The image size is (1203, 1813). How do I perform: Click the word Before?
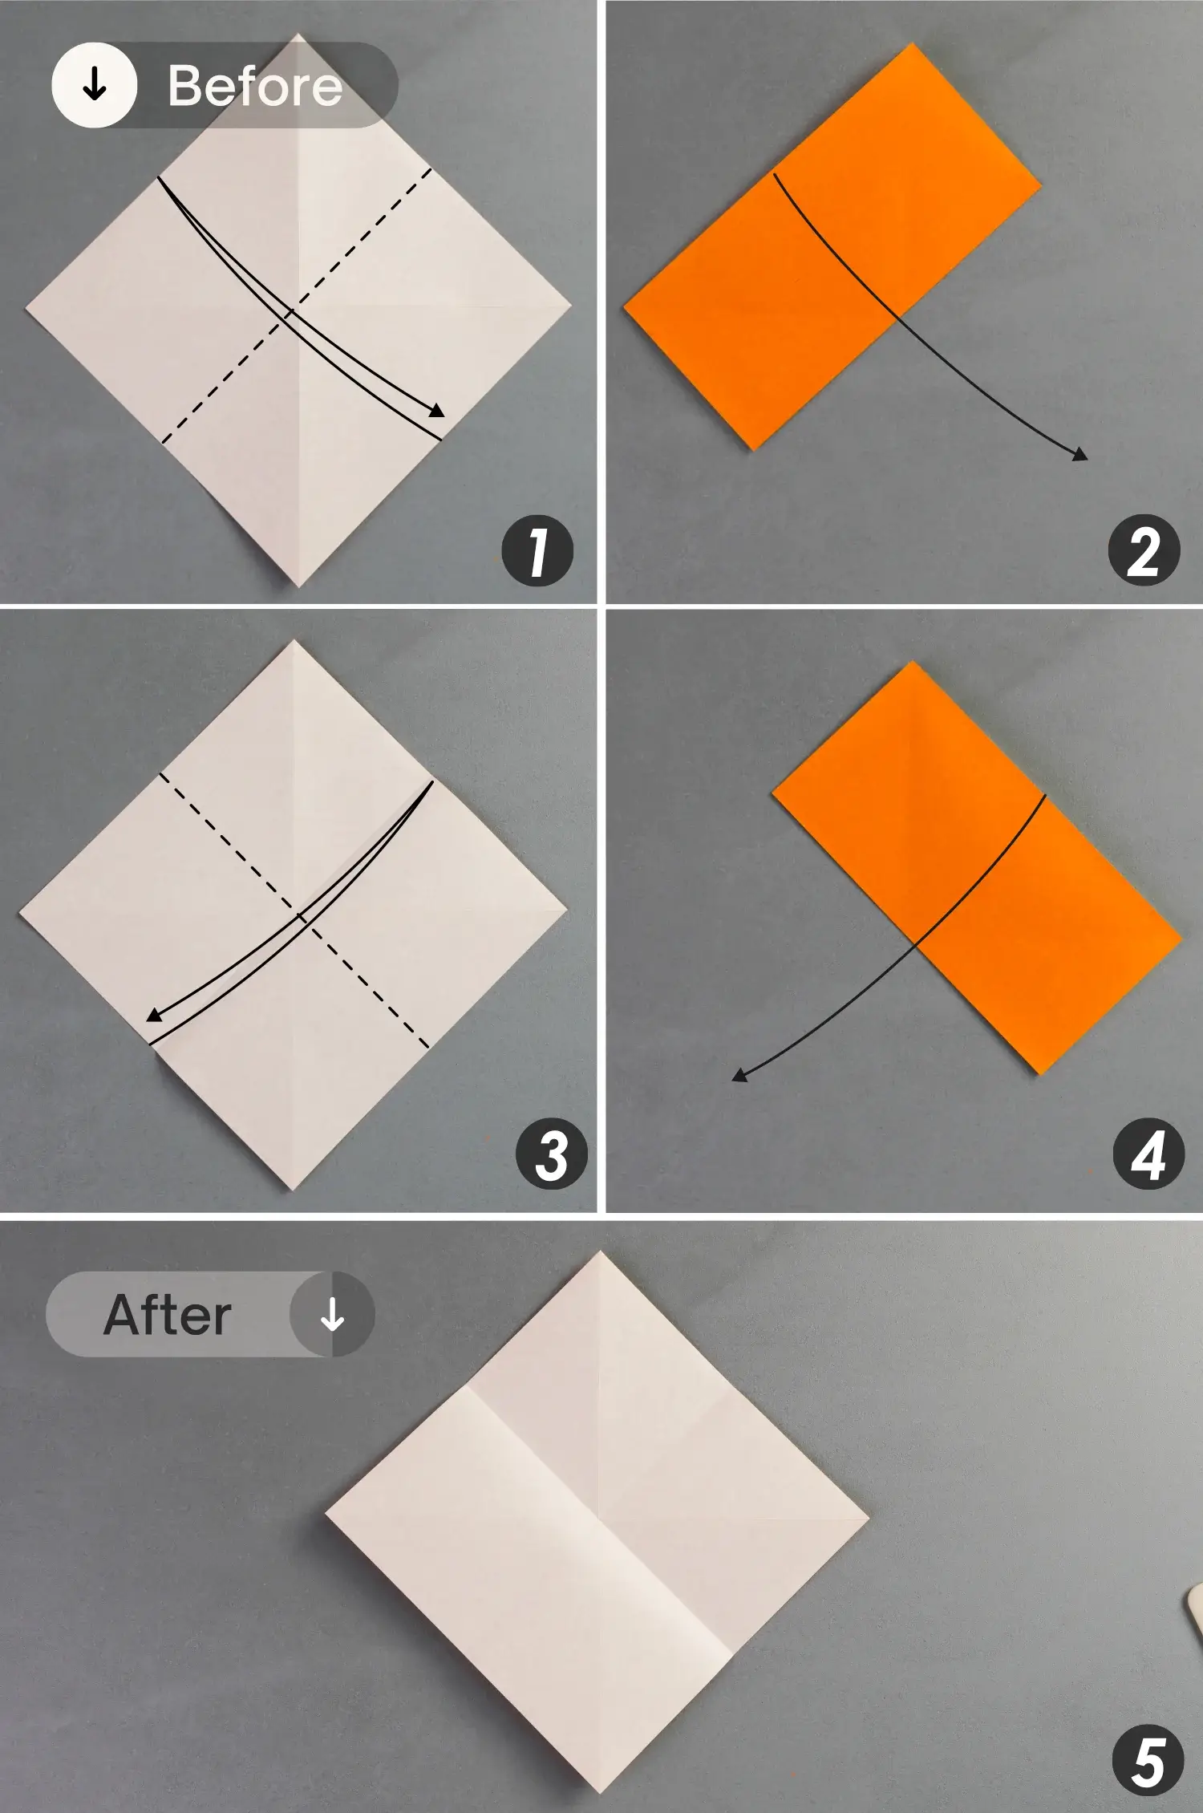pos(255,86)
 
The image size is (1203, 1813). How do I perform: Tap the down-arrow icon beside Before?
pos(95,85)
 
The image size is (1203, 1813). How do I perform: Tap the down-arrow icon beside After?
pos(332,1314)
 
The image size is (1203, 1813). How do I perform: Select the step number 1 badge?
pos(537,550)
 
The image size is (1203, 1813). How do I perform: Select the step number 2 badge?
pos(1144,550)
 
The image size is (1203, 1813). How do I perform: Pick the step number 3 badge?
pos(552,1154)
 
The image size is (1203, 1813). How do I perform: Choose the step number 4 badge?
pos(1148,1154)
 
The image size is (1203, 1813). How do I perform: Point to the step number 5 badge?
pos(1148,1760)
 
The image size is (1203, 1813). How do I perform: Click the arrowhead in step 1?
pos(437,411)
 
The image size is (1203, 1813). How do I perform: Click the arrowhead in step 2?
pos(1080,455)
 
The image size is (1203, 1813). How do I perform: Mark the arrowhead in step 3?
pos(154,1016)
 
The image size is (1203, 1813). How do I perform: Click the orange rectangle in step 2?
pos(832,246)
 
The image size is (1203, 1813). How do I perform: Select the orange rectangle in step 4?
pos(976,868)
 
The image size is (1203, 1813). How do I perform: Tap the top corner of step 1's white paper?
pos(299,34)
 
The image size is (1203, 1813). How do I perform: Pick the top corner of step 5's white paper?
pos(600,1251)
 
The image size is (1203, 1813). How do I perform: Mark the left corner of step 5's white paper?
pos(326,1514)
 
